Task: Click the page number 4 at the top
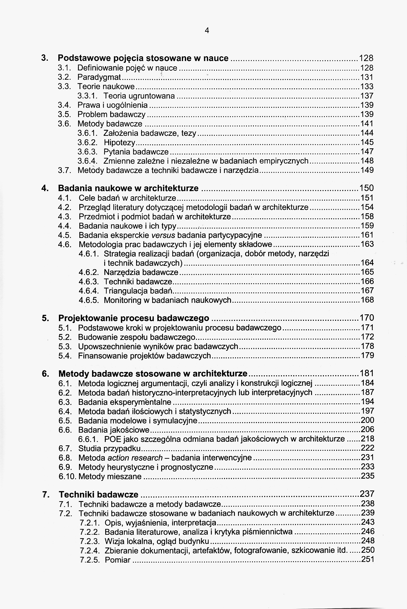pos(207,31)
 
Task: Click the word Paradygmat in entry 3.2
pos(99,77)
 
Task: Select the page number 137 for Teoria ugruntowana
pos(367,96)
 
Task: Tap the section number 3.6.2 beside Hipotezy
pos(87,143)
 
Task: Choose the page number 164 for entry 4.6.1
pos(367,263)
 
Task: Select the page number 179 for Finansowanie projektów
pos(367,355)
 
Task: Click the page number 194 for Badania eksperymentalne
pos(367,402)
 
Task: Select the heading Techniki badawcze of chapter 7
pos(99,495)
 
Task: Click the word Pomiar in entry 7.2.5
pos(118,560)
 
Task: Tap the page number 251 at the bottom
pos(368,560)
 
